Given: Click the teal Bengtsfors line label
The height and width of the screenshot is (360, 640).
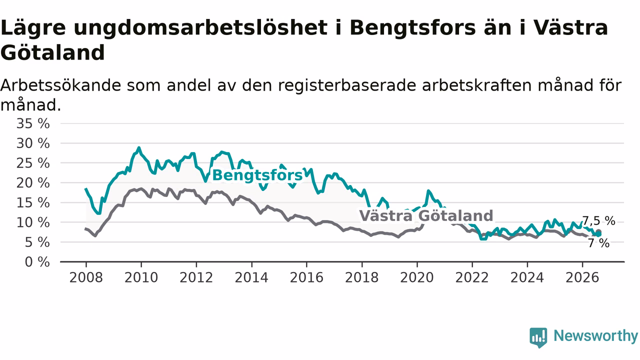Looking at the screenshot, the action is tap(257, 175).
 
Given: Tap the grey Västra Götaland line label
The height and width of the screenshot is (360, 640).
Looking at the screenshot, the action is tap(426, 215).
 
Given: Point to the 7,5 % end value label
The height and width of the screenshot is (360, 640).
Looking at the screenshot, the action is tap(599, 221).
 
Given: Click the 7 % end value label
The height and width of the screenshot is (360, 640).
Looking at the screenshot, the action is tap(599, 243).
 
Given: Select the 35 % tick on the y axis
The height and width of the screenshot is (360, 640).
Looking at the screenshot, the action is tap(33, 123).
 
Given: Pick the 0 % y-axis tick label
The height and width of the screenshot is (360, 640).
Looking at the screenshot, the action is tap(37, 262).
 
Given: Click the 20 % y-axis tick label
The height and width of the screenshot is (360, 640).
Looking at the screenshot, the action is tap(33, 183).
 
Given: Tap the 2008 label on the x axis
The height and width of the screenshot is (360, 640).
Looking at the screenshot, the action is tap(86, 277).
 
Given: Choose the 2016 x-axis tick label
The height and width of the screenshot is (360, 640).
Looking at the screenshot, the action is tap(306, 277).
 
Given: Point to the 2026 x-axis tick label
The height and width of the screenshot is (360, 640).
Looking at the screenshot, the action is tap(582, 277).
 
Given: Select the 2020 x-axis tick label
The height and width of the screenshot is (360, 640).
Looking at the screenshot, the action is tap(417, 277).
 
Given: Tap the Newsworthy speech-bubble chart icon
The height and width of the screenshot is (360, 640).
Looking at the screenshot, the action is tap(538, 337).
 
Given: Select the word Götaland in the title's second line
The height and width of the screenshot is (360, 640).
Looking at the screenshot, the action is tap(52, 52).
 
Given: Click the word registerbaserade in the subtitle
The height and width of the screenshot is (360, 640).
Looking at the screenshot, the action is tap(347, 85).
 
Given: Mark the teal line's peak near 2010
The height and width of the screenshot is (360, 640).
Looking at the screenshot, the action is tap(139, 147).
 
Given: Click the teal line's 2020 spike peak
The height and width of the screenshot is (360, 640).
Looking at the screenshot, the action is tap(428, 190).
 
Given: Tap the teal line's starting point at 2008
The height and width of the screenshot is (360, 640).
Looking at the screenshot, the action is tap(85, 188).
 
